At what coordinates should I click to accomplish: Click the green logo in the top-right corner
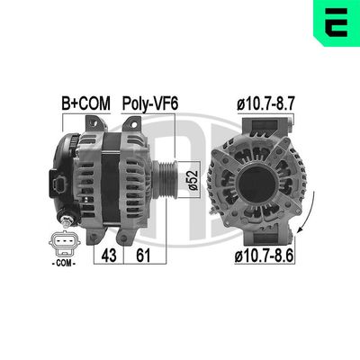click(x=336, y=22)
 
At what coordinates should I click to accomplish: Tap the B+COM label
click(x=85, y=104)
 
